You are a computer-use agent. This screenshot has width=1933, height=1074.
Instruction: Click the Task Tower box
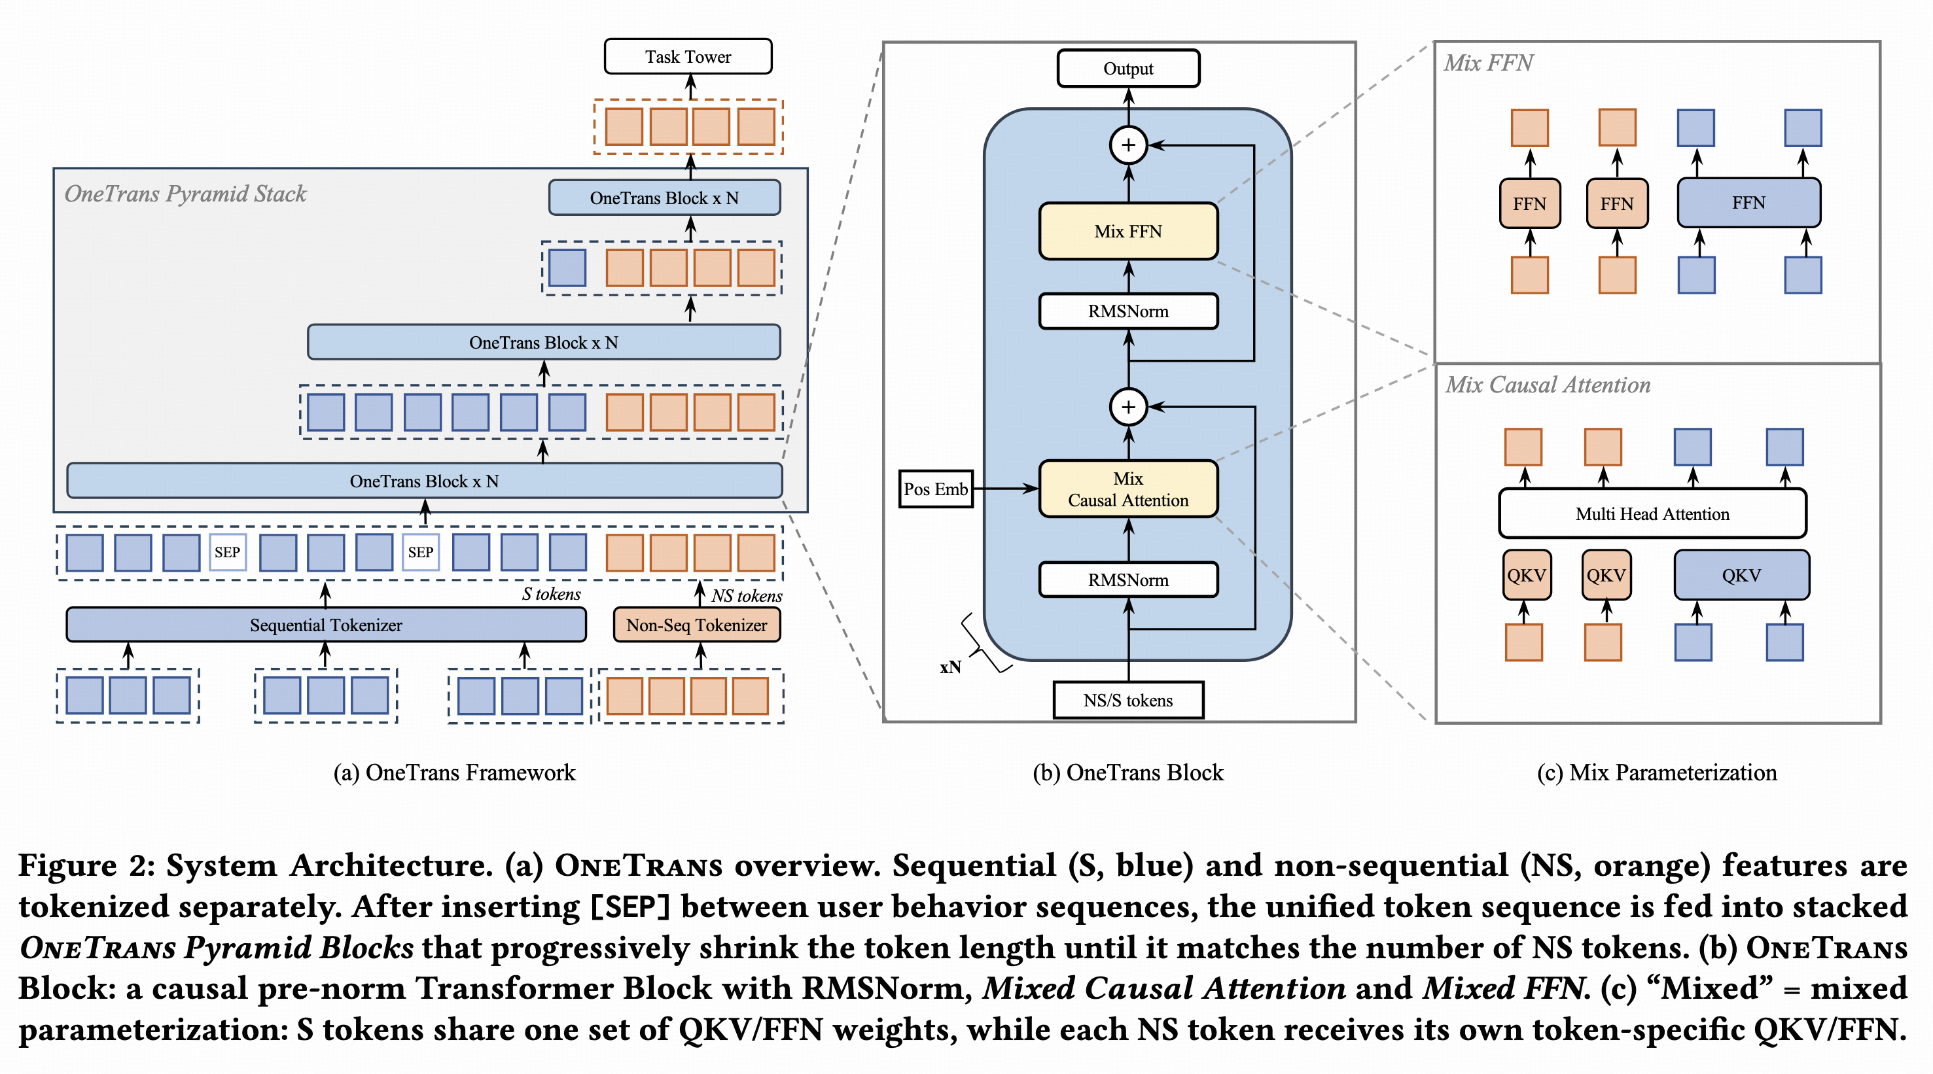pos(687,57)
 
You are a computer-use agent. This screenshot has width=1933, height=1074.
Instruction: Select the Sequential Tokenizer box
pos(326,625)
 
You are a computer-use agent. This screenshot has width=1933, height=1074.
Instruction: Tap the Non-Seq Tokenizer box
pos(696,625)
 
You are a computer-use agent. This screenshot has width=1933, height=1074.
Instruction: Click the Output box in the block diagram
pos(1128,69)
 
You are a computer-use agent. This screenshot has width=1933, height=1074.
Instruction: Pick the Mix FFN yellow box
pos(1128,231)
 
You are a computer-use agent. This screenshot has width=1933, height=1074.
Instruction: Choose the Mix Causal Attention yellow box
pos(1128,489)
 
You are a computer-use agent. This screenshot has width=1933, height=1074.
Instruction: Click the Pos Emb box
pos(935,489)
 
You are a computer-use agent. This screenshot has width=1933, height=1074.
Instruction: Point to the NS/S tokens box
pos(1128,700)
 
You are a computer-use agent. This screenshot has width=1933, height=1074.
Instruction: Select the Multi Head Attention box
pos(1652,513)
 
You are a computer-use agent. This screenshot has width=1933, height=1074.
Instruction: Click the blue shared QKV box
pos(1741,575)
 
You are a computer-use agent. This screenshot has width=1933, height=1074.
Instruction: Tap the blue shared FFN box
pos(1748,203)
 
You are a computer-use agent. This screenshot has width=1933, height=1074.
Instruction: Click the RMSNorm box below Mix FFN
pos(1128,311)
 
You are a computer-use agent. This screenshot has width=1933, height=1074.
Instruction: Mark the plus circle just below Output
pos(1128,145)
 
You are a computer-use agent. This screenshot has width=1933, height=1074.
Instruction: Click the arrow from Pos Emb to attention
pos(1006,489)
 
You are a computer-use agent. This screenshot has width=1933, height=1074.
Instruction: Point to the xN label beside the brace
pos(950,667)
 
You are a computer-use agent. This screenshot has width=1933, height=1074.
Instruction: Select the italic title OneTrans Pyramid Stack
pos(185,194)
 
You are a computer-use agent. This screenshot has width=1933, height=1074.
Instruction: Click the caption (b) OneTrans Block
pos(1128,772)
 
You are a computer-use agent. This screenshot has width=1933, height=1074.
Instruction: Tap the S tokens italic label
pos(551,594)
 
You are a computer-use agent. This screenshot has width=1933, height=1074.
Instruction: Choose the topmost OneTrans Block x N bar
pos(664,198)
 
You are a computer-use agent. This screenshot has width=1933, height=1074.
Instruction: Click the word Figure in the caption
pos(67,865)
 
